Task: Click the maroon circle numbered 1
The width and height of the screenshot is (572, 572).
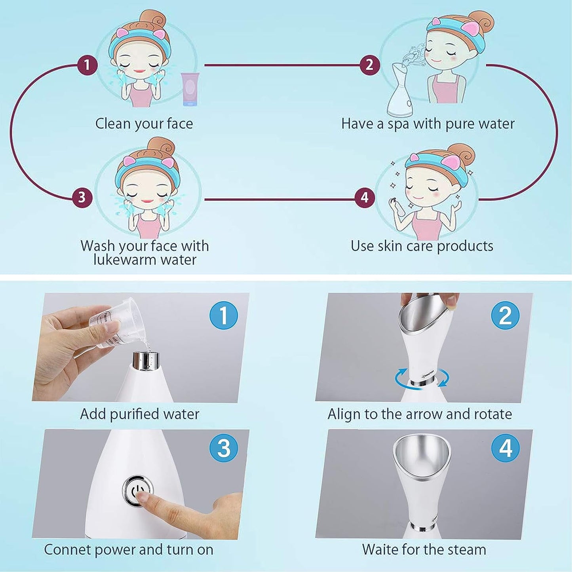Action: pyautogui.click(x=87, y=65)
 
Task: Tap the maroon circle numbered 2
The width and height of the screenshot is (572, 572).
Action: pyautogui.click(x=370, y=65)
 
